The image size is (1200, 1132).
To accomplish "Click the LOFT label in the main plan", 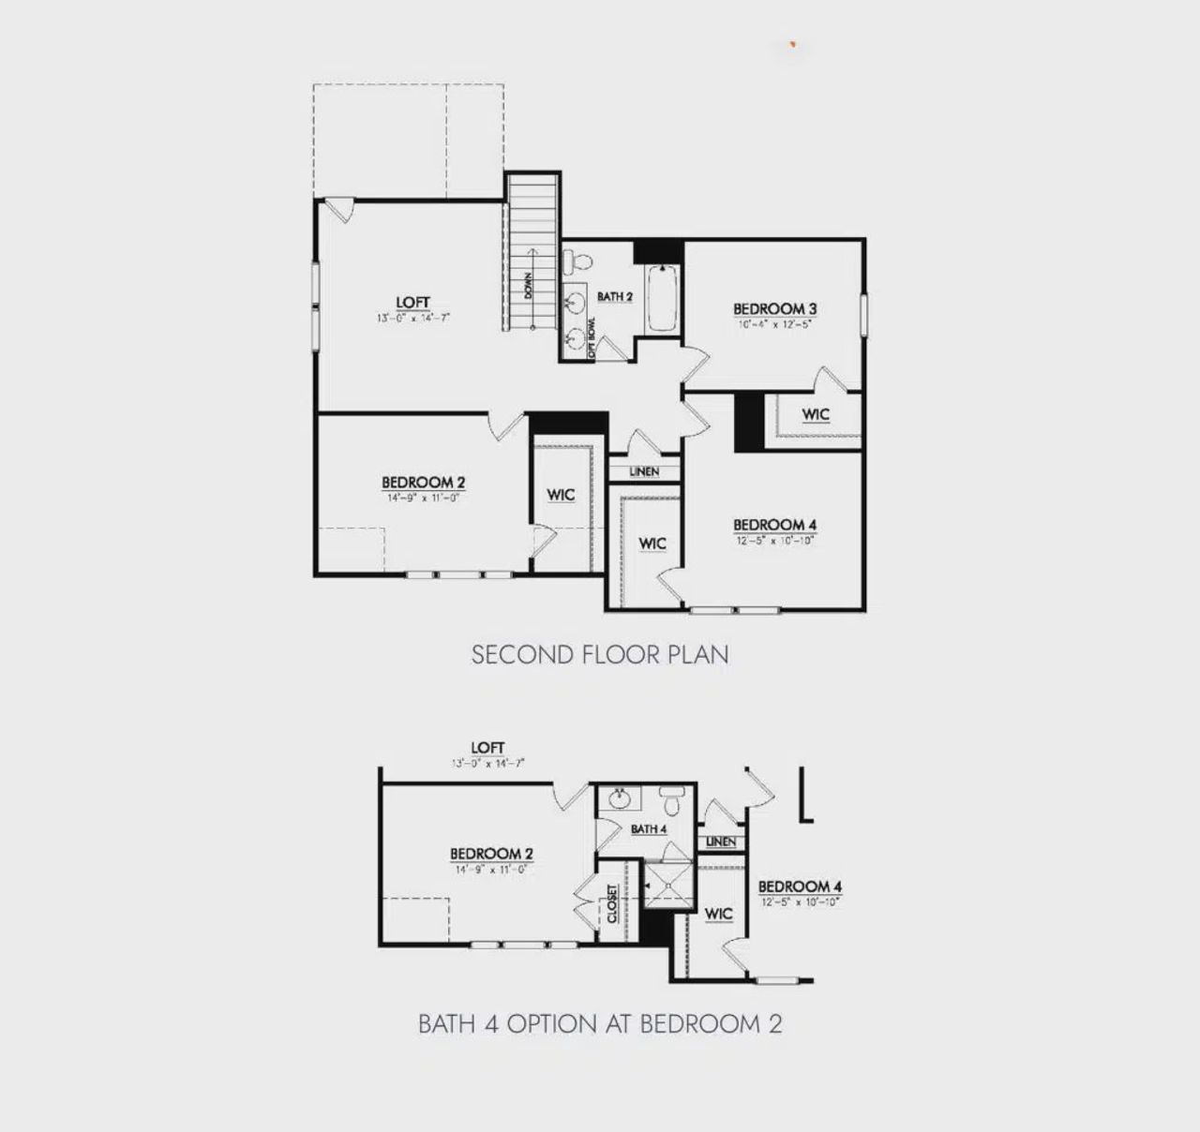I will click(x=412, y=302).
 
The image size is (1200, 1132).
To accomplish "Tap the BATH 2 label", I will click(x=615, y=297).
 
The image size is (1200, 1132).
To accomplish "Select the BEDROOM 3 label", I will click(x=775, y=308).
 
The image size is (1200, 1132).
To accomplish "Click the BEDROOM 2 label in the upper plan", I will click(x=424, y=483).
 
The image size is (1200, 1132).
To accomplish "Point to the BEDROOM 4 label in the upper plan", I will click(x=774, y=525).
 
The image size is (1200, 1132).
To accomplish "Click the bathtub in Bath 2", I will click(x=662, y=299).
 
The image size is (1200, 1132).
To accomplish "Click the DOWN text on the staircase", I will click(x=528, y=286).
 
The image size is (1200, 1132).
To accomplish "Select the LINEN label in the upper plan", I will click(x=644, y=471).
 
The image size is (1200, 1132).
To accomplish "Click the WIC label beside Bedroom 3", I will click(x=816, y=414).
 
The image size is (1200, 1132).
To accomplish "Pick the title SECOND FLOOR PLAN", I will click(x=600, y=654).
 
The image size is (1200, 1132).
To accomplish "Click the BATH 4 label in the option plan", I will click(x=649, y=829).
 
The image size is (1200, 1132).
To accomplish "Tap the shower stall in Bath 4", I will click(x=667, y=885).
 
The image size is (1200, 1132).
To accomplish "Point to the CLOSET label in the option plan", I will click(x=612, y=903).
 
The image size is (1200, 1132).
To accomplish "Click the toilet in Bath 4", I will click(x=671, y=802).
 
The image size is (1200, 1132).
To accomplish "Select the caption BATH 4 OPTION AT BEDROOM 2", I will click(x=600, y=1023).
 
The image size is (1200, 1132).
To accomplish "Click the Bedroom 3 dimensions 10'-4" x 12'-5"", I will click(x=774, y=324).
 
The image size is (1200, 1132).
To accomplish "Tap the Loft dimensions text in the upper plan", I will click(x=412, y=318).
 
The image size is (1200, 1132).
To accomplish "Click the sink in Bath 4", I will click(x=619, y=799).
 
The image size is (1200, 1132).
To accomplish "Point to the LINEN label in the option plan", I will click(x=721, y=842).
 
